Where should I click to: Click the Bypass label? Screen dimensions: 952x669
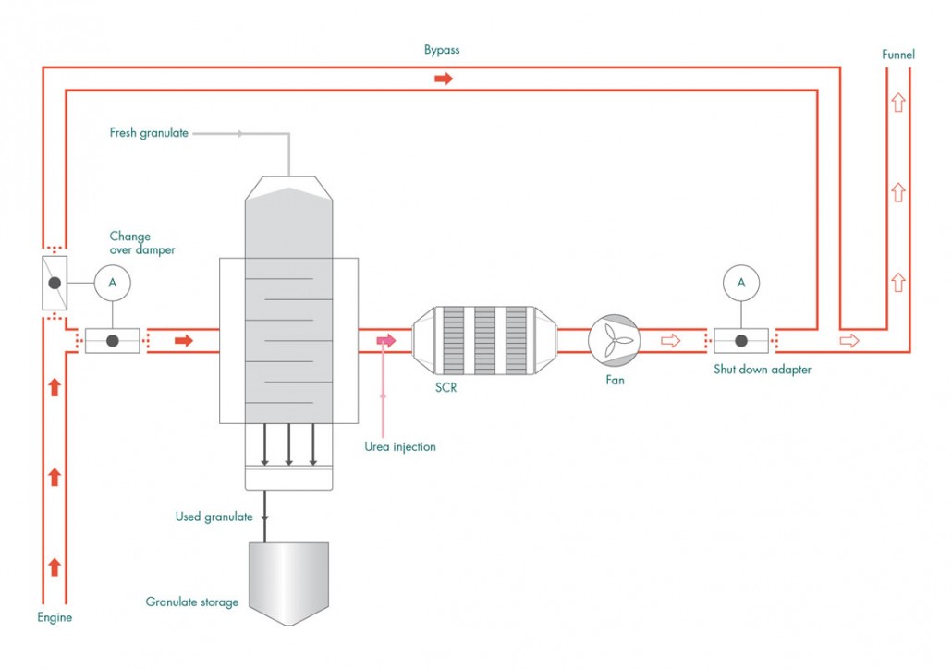442,50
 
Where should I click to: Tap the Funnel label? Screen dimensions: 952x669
898,55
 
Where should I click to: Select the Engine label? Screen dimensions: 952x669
55,617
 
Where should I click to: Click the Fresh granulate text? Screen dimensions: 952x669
149,133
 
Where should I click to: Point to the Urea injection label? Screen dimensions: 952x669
400,447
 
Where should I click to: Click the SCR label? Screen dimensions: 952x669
445,387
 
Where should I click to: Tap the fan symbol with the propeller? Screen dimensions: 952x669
614,341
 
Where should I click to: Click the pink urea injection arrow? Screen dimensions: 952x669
386,341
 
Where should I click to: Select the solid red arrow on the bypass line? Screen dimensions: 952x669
444,79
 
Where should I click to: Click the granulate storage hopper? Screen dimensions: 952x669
289,583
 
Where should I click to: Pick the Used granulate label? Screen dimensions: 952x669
214,517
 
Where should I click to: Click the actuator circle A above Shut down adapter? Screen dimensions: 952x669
741,283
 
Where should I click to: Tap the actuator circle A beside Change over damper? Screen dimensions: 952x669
113,283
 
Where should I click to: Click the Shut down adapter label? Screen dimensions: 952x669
762,369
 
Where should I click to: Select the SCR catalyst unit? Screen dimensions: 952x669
484,341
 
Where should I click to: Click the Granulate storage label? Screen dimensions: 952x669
192,602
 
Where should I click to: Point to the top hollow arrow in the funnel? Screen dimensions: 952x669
898,103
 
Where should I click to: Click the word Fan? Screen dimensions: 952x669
615,380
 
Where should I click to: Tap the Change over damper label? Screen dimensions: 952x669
142,243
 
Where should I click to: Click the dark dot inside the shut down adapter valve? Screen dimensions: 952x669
741,341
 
